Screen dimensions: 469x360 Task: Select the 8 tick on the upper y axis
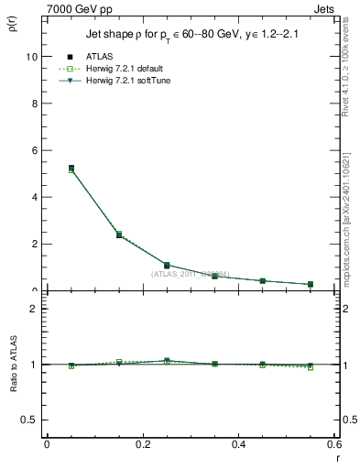pyautogui.click(x=36, y=103)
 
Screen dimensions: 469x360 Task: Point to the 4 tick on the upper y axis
pyautogui.click(x=36, y=197)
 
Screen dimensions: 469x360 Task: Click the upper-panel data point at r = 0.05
pyautogui.click(x=71, y=169)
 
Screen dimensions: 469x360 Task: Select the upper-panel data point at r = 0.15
pyautogui.click(x=119, y=235)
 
